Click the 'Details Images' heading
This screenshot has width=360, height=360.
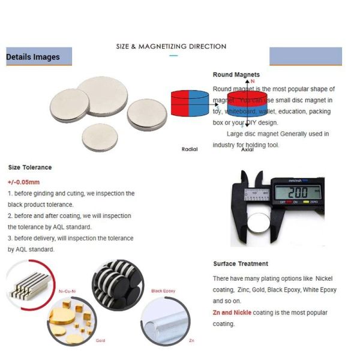pyautogui.click(x=33, y=57)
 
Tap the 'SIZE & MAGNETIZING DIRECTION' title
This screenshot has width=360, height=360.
pyautogui.click(x=171, y=46)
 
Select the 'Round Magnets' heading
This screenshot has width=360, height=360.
pyautogui.click(x=236, y=75)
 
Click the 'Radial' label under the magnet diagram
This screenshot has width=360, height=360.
pyautogui.click(x=190, y=149)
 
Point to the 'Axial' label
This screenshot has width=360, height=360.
pyautogui.click(x=247, y=149)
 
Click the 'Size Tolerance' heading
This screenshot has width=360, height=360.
pyautogui.click(x=30, y=167)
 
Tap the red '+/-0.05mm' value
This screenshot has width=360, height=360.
pyautogui.click(x=24, y=182)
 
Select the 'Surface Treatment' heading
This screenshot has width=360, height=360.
pyautogui.click(x=241, y=263)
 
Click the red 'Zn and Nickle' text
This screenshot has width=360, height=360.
pyautogui.click(x=232, y=313)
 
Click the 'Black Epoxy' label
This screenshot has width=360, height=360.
pyautogui.click(x=163, y=290)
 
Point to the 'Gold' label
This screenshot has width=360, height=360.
pyautogui.click(x=100, y=340)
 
